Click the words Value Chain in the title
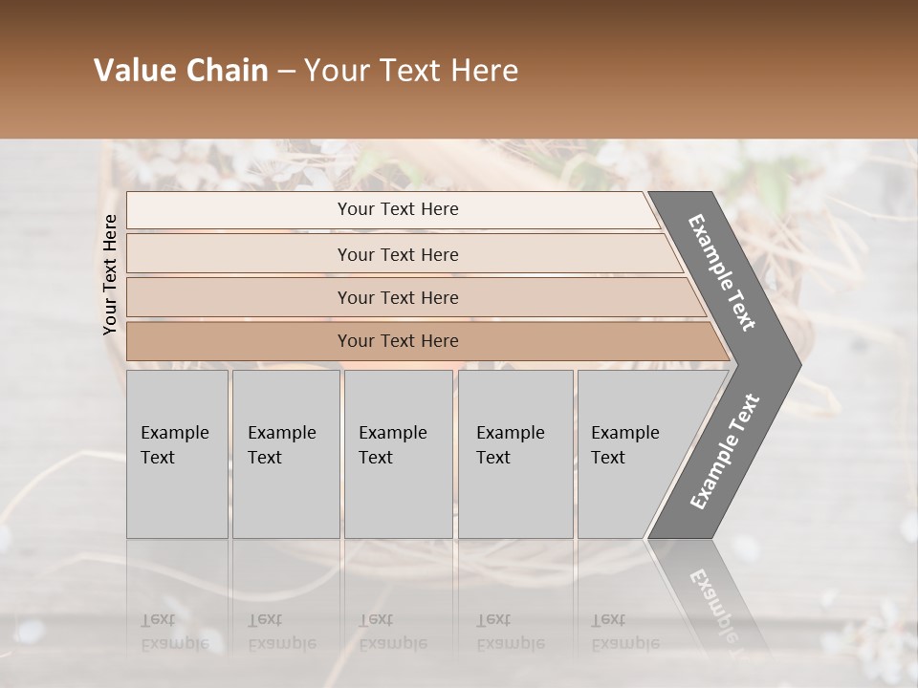click(181, 71)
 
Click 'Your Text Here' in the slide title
click(411, 71)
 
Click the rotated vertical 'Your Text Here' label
click(110, 274)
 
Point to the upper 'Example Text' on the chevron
click(722, 272)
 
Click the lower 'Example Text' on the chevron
click(725, 451)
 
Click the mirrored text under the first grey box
click(174, 632)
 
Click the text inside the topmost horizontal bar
click(398, 209)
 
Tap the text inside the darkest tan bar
click(398, 341)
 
